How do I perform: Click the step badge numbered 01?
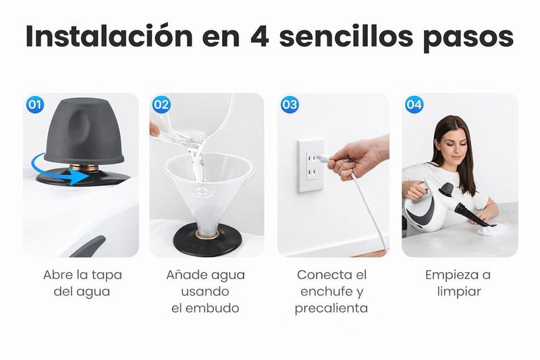pos(35,105)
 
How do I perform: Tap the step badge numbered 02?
pos(161,105)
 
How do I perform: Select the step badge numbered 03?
pos(290,105)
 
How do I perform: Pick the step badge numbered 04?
pos(414,105)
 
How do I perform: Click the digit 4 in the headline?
pos(259,36)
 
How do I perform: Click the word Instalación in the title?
pos(109,35)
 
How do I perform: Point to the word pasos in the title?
pos(468,38)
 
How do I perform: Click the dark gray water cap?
pos(84,131)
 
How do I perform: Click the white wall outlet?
pos(310,165)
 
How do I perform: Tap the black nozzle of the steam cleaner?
pos(470,215)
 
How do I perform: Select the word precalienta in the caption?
pos(331,308)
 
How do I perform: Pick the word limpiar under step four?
pos(459,292)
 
